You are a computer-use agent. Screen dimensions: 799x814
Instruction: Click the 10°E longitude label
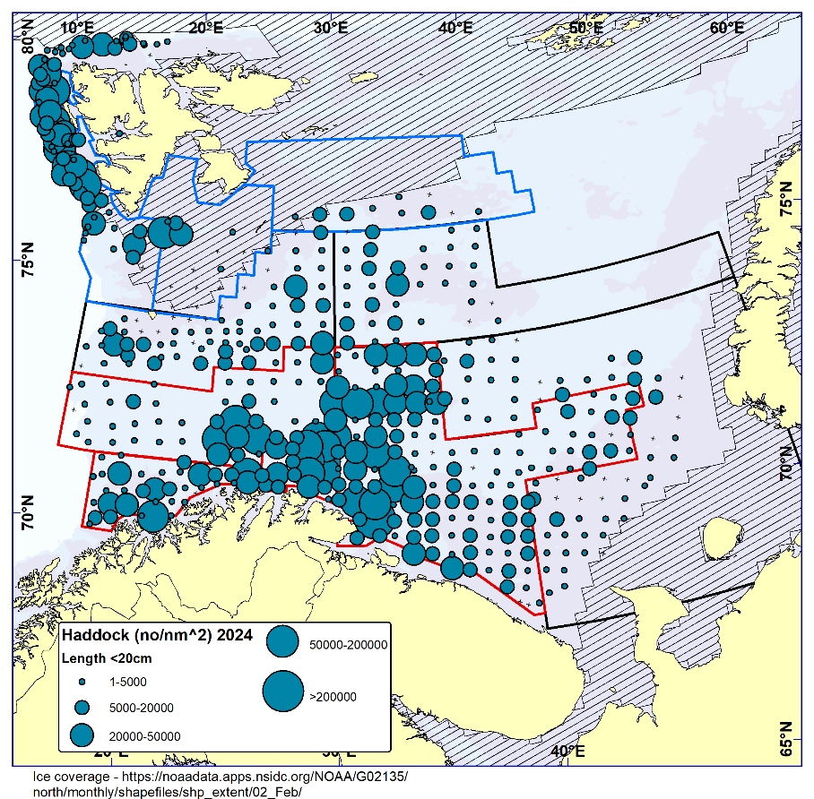tap(78, 27)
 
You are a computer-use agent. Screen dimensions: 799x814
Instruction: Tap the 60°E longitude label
tap(727, 27)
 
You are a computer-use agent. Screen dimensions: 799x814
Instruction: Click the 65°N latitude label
tap(786, 739)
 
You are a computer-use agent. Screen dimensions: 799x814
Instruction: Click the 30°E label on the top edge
tap(331, 27)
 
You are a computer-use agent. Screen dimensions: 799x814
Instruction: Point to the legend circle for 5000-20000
tap(82, 708)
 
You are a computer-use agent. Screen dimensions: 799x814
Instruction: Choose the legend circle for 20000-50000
tap(82, 735)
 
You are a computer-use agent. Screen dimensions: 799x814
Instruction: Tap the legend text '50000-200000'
tap(348, 644)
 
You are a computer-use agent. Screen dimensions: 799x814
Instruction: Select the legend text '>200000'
tap(333, 698)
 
